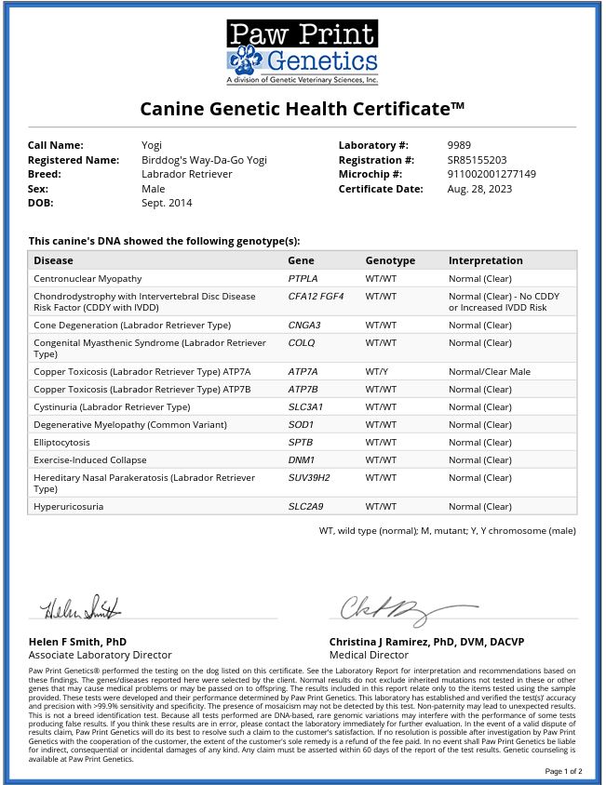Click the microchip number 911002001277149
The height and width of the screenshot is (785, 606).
click(492, 174)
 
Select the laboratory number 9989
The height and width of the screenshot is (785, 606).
click(459, 145)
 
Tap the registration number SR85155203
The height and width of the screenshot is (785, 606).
click(477, 160)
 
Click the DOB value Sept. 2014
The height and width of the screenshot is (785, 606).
click(166, 203)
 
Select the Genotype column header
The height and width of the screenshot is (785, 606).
click(390, 260)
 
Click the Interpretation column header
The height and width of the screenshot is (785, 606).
click(485, 260)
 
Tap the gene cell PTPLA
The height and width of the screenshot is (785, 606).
click(303, 278)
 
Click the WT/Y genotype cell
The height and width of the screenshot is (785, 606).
click(377, 371)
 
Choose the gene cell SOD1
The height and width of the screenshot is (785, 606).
click(301, 424)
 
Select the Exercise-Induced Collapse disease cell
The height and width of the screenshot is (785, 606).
click(96, 459)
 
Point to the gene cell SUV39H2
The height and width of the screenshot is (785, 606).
click(309, 477)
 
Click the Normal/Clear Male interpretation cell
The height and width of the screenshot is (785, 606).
click(489, 371)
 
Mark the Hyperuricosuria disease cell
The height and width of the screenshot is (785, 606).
click(68, 507)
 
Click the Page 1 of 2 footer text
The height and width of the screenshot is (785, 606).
click(563, 771)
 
